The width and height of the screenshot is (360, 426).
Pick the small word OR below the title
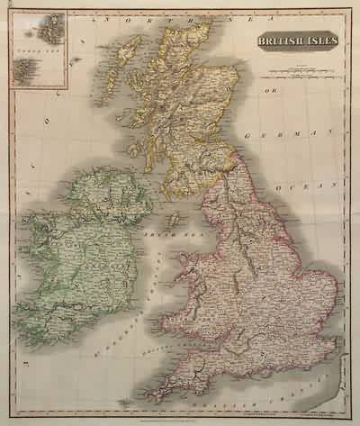point(266,91)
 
